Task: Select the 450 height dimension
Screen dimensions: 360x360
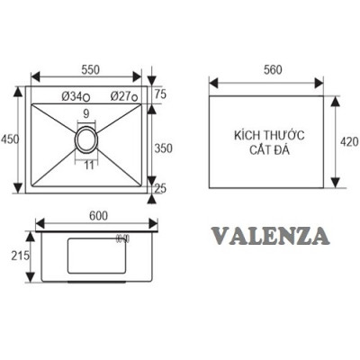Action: tap(11, 139)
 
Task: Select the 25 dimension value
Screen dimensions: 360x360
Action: tap(159, 188)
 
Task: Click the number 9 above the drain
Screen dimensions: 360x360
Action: tap(85, 114)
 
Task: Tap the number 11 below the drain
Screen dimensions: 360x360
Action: tap(88, 166)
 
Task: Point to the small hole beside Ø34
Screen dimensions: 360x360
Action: tap(85, 96)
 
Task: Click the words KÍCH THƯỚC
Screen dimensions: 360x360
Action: tap(268, 134)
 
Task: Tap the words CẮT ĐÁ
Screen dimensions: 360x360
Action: tap(268, 148)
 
